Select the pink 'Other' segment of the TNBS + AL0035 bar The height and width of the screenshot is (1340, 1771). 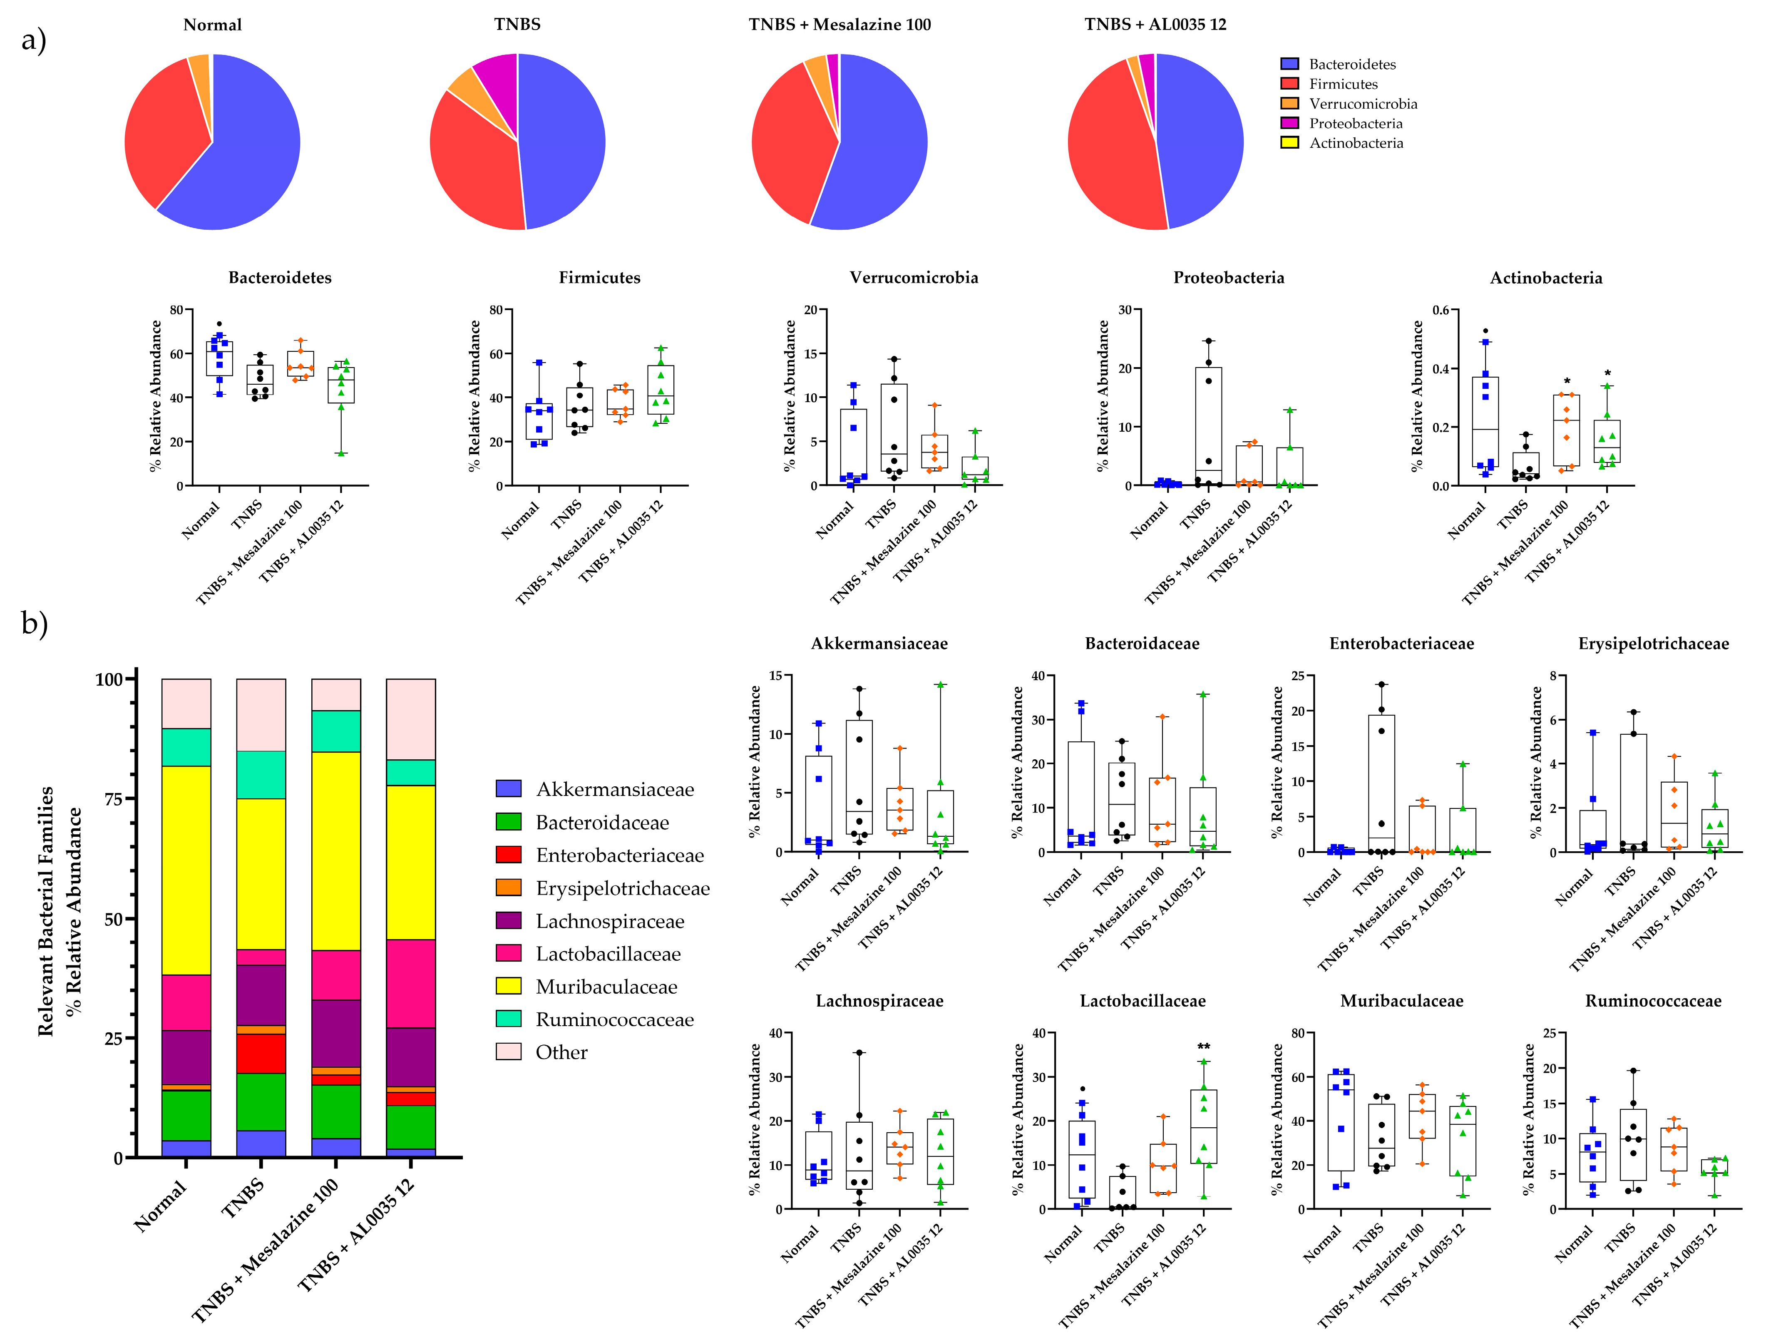pyautogui.click(x=411, y=718)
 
